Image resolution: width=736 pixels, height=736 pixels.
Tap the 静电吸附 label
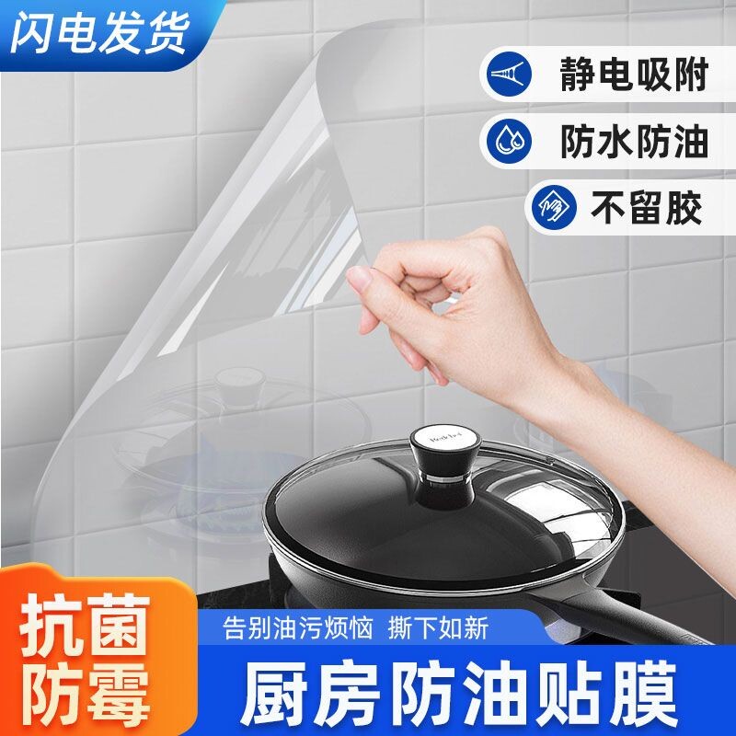pos(634,75)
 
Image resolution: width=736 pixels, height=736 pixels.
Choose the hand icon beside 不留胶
pos(551,206)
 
